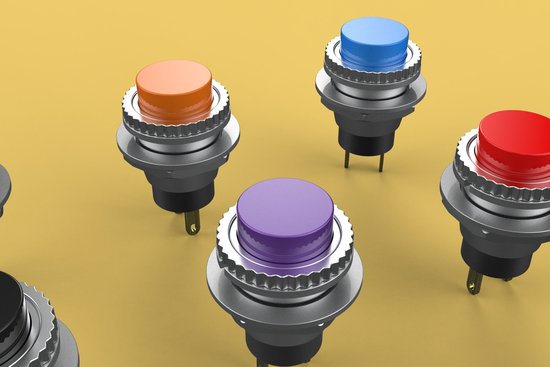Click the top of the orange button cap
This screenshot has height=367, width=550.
click(173, 76)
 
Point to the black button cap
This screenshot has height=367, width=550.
click(9, 298)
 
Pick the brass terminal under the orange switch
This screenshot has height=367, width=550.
click(190, 224)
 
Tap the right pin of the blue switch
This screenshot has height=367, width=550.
click(381, 163)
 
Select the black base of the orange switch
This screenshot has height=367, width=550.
click(183, 198)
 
